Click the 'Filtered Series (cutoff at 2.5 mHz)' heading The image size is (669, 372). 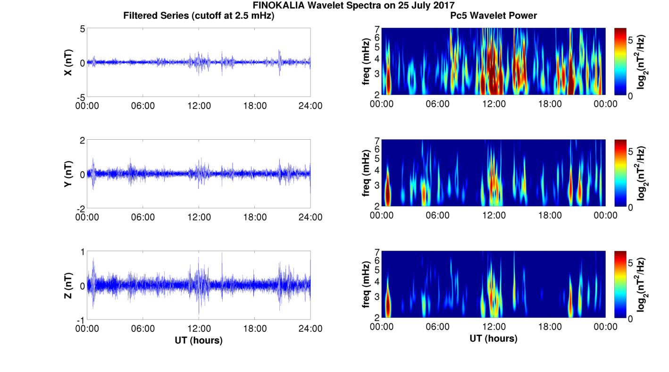[199, 16]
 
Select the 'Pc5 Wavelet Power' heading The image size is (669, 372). [493, 16]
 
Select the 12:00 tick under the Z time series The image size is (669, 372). [199, 329]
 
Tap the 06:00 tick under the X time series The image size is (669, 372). [143, 106]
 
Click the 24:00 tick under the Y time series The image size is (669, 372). [310, 217]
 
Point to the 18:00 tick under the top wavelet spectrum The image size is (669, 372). [550, 104]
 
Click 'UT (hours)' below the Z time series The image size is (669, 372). [199, 340]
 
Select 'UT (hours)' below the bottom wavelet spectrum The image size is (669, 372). [493, 338]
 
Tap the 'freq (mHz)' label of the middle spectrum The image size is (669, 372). [366, 174]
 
